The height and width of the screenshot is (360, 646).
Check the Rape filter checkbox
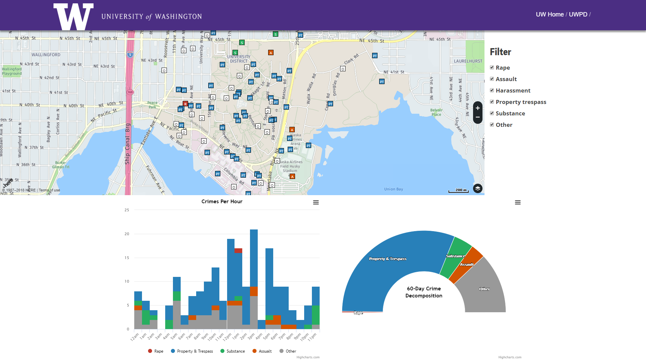[492, 68]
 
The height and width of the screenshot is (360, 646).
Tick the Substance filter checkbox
[492, 113]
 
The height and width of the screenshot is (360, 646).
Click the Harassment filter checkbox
[492, 91]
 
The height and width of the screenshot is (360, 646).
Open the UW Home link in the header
[549, 14]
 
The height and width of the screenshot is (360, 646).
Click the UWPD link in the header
[578, 14]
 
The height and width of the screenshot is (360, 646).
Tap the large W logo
[73, 16]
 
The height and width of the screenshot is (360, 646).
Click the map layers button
[477, 188]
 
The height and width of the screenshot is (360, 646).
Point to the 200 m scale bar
[459, 190]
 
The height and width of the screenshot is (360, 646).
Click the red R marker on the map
[185, 104]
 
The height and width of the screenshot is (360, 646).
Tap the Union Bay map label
[393, 189]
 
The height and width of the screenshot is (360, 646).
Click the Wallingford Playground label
[12, 71]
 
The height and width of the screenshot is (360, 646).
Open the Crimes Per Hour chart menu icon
[316, 203]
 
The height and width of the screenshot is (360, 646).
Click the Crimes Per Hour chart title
[222, 202]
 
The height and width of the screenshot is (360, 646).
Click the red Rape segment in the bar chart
[238, 251]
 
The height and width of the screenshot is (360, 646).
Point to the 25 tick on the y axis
[127, 210]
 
